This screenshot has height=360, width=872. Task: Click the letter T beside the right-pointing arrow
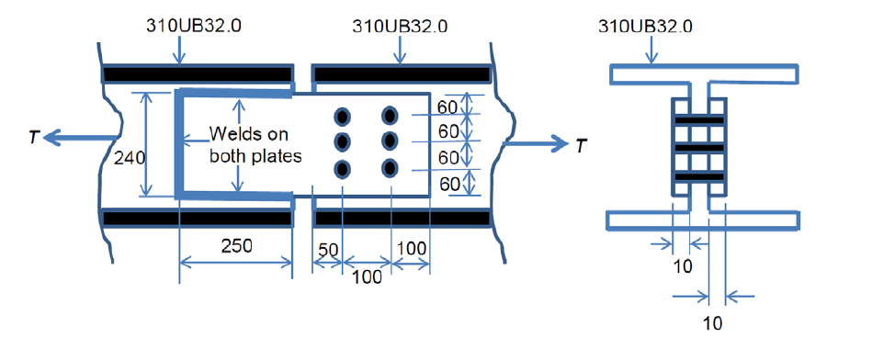coord(575,144)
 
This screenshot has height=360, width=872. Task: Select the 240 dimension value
coord(130,158)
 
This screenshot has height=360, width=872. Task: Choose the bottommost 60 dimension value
coord(449,184)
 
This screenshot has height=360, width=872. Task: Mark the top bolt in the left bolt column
coord(343,117)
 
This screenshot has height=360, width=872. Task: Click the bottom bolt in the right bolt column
coord(390,168)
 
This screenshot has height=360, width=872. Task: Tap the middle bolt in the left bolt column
coord(343,142)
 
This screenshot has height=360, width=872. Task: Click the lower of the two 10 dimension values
coord(708,323)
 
